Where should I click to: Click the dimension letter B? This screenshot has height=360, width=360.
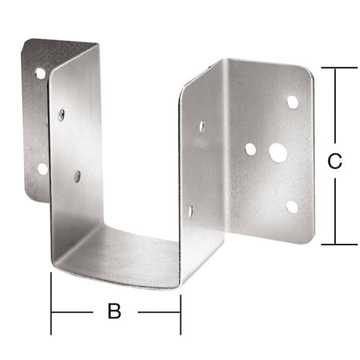point(114,311)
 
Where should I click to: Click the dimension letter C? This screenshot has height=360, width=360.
point(335,161)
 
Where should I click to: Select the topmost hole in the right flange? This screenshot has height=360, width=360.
point(292,102)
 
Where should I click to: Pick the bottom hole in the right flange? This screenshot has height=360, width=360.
point(292,207)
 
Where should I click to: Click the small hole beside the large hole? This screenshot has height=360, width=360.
point(250,149)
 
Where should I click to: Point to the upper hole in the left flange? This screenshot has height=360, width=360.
point(41,74)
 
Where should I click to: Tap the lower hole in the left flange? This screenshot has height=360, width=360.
point(43,169)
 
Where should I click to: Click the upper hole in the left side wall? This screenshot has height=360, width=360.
point(61,115)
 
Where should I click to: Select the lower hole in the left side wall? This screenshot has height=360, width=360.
point(77,176)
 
